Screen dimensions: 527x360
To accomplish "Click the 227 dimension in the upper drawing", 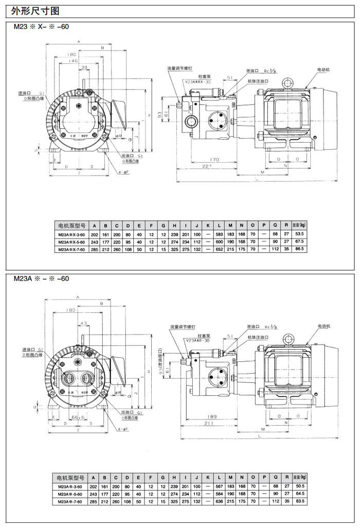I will (x=206, y=166).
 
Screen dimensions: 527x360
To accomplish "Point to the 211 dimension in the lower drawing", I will (x=207, y=423).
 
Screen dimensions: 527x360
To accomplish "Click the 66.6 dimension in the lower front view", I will (x=78, y=418).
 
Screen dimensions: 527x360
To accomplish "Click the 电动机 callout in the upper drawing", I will (x=323, y=69).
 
